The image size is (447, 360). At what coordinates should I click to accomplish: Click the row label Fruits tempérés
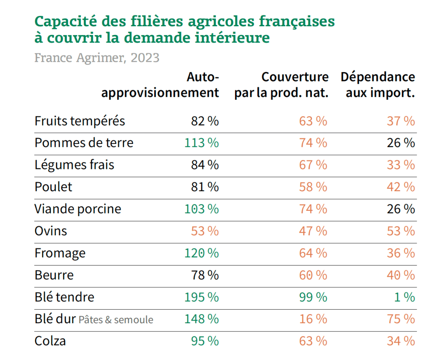click(x=80, y=121)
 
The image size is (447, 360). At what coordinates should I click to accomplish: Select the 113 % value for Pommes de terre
click(x=201, y=143)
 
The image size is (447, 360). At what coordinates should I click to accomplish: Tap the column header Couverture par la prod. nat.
click(x=281, y=85)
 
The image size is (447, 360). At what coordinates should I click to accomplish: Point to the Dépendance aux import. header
click(x=378, y=85)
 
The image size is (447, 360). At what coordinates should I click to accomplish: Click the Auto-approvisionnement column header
click(x=160, y=85)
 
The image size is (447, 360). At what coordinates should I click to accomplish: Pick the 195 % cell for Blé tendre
click(x=201, y=297)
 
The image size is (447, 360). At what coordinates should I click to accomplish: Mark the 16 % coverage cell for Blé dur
click(x=313, y=319)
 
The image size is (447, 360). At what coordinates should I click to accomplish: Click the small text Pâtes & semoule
click(x=116, y=320)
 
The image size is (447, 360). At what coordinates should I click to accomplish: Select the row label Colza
click(x=50, y=341)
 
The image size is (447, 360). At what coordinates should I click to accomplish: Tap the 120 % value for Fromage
click(x=201, y=253)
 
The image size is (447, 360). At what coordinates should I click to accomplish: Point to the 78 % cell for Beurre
click(x=204, y=275)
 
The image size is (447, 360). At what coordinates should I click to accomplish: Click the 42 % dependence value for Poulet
click(x=401, y=187)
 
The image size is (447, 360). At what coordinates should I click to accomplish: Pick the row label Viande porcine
click(x=78, y=209)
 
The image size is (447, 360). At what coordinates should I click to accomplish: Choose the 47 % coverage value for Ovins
click(x=313, y=231)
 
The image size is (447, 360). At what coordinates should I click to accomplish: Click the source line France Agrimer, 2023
click(x=97, y=58)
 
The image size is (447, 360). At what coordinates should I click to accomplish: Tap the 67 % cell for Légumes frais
click(x=313, y=165)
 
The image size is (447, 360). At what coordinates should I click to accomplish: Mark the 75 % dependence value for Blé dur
click(x=401, y=319)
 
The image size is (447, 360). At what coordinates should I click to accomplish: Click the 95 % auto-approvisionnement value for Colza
click(x=204, y=341)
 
